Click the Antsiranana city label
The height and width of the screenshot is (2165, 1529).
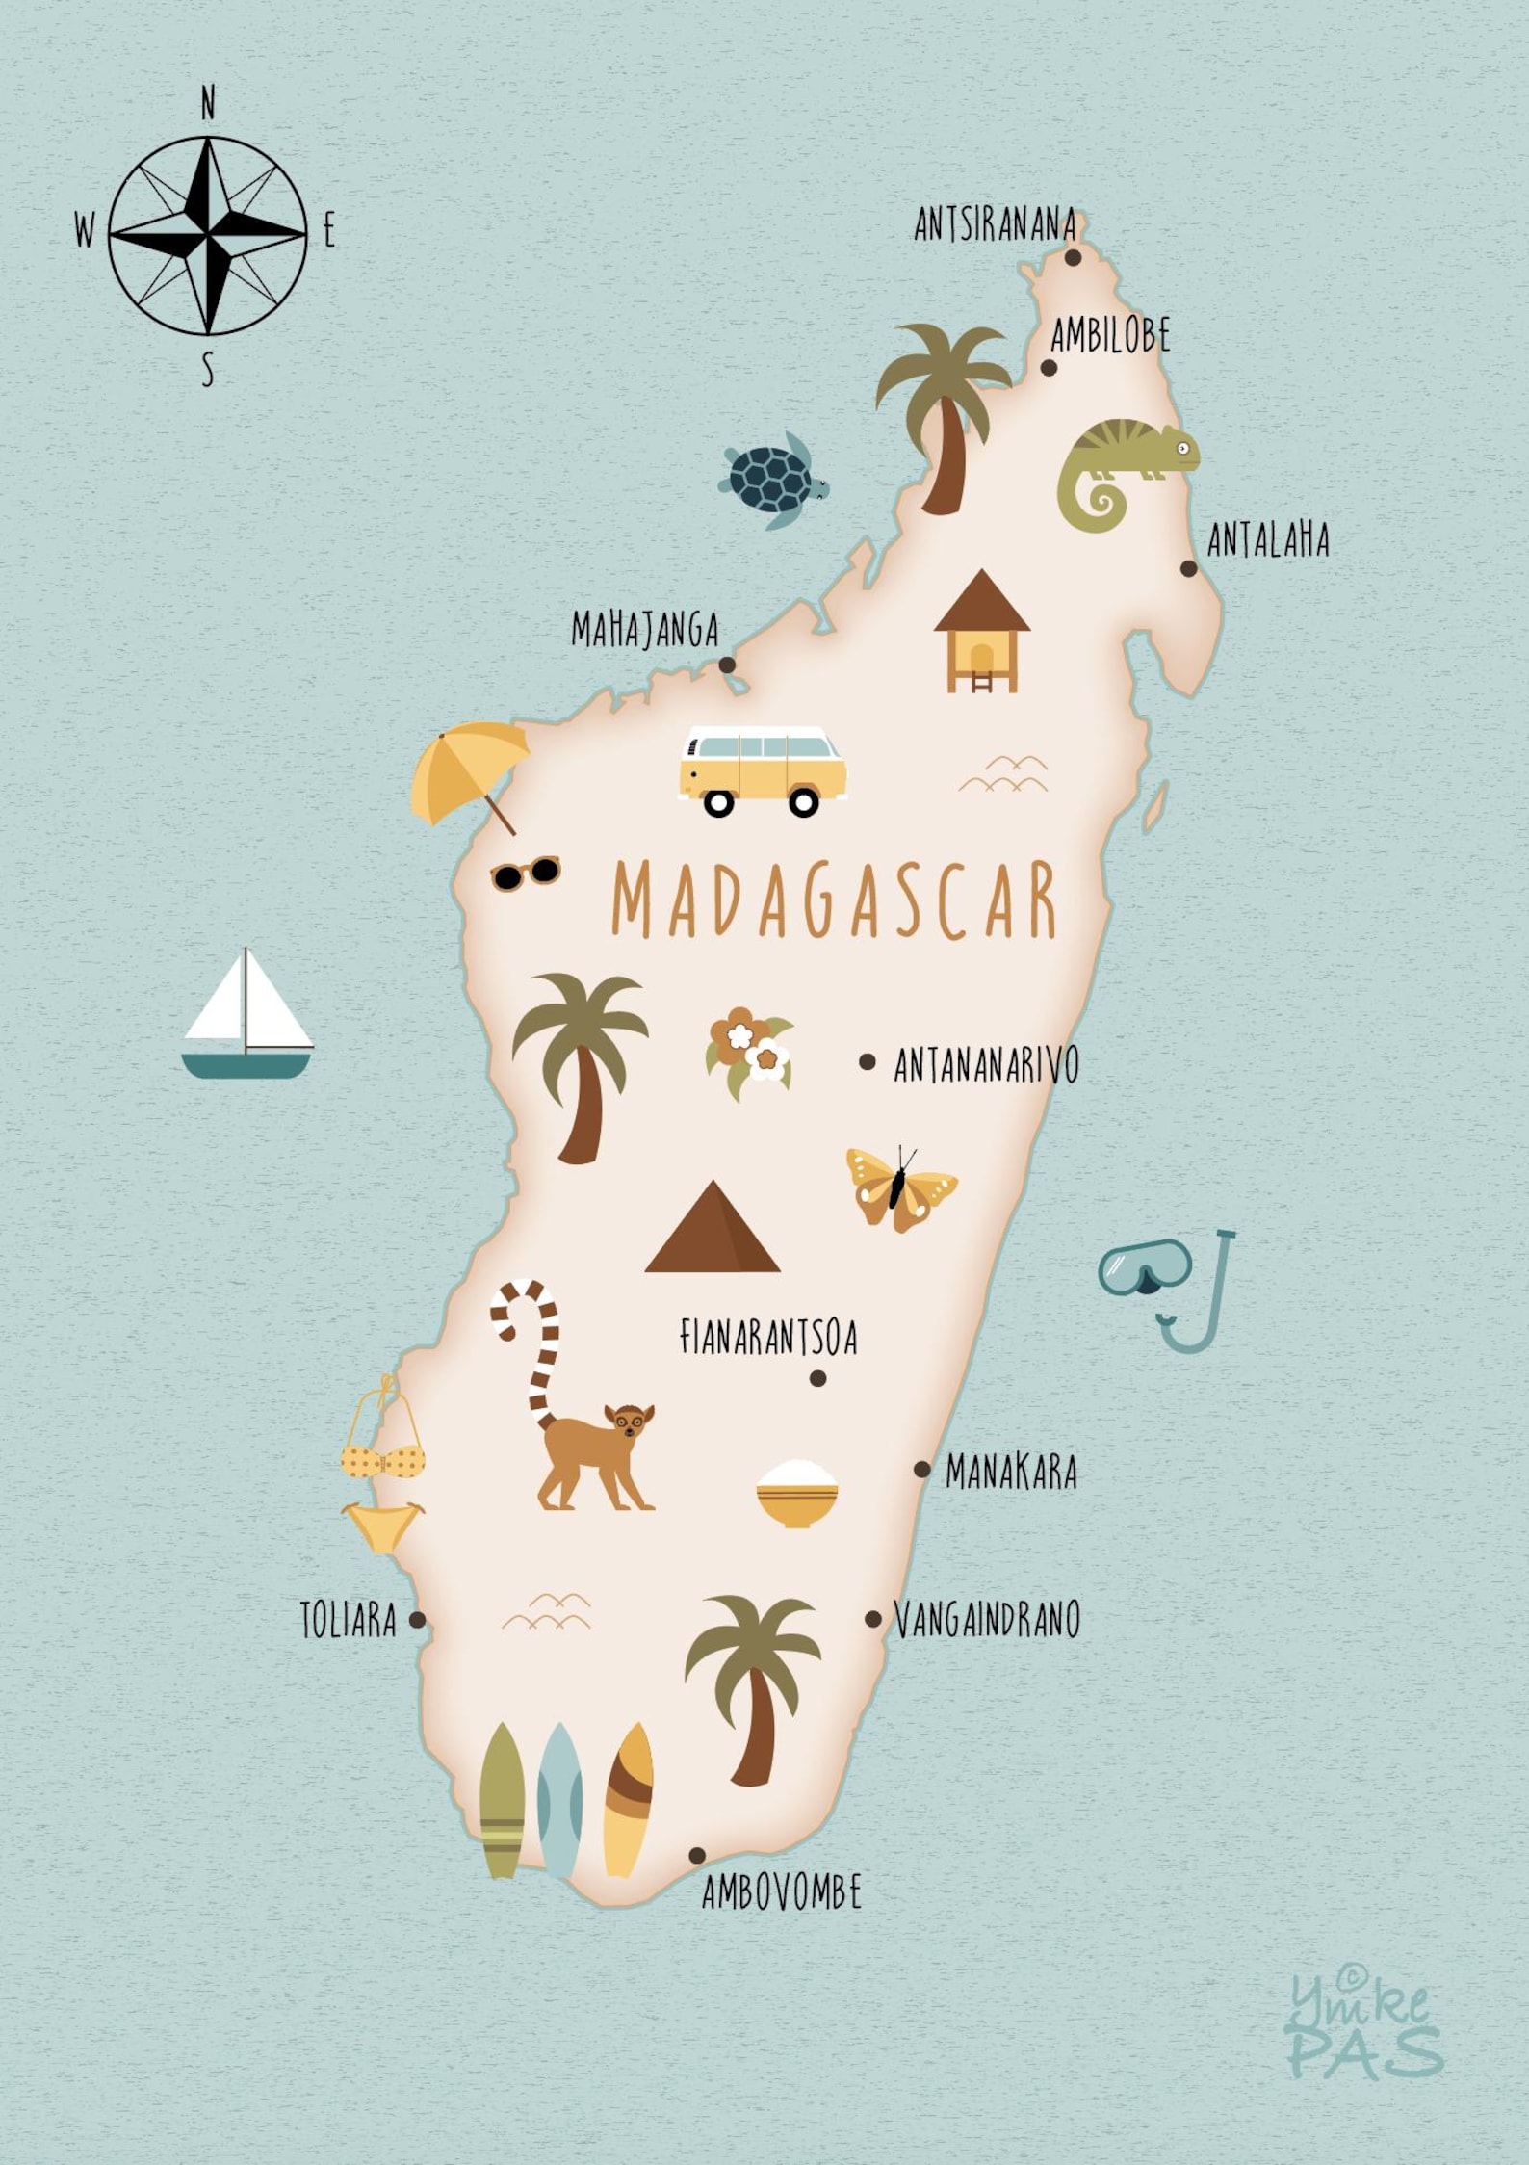click(995, 225)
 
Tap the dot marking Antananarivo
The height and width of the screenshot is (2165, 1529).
click(868, 1061)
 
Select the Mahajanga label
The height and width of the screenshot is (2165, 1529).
click(644, 630)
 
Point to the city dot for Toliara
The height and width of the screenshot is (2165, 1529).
click(417, 1620)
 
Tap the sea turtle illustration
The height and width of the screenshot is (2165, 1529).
click(772, 479)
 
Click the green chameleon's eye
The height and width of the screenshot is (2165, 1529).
click(1183, 447)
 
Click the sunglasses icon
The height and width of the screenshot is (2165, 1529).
click(525, 873)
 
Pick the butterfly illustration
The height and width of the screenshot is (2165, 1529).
click(899, 1188)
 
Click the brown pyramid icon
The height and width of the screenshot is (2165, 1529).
click(713, 1230)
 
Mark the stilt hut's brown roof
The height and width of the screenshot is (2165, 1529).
click(981, 602)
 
